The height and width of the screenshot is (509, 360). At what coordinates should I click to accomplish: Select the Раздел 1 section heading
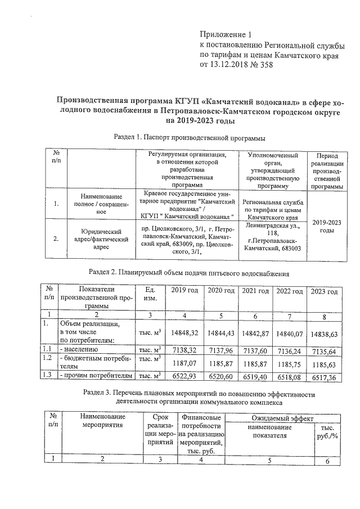point(189,137)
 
